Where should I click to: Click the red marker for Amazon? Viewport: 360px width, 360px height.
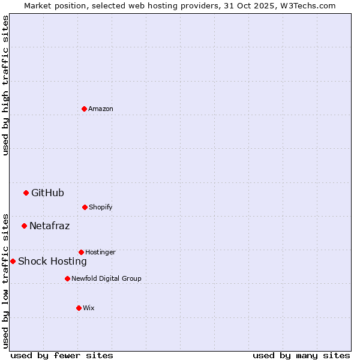coord(84,109)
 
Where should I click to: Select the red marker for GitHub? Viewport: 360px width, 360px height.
coord(26,193)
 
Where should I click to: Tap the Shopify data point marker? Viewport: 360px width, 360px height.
coord(85,207)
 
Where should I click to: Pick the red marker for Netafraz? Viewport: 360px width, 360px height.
coord(24,226)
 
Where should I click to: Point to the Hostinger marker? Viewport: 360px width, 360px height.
coord(81,252)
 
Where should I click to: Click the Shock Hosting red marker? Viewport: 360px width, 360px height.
coord(13,261)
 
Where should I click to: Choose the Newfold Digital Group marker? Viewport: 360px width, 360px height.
coord(67,278)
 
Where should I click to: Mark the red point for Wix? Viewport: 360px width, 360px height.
coord(79,308)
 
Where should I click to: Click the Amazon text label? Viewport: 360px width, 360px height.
coord(101,109)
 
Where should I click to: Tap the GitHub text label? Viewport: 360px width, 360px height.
coord(47,193)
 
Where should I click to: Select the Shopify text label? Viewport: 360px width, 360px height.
coord(101,207)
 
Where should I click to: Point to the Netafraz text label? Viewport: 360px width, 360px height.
coord(49,226)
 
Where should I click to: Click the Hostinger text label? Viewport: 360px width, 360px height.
coord(100,252)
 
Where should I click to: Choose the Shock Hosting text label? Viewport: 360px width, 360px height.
coord(52,261)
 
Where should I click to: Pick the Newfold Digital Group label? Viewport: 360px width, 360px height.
coord(106,278)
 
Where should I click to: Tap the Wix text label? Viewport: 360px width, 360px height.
coord(89,308)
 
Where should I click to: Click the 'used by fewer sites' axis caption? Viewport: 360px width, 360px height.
coord(62,355)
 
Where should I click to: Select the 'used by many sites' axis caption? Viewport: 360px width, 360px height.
coord(301,355)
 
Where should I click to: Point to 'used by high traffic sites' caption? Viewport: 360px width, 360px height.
coord(5,85)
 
